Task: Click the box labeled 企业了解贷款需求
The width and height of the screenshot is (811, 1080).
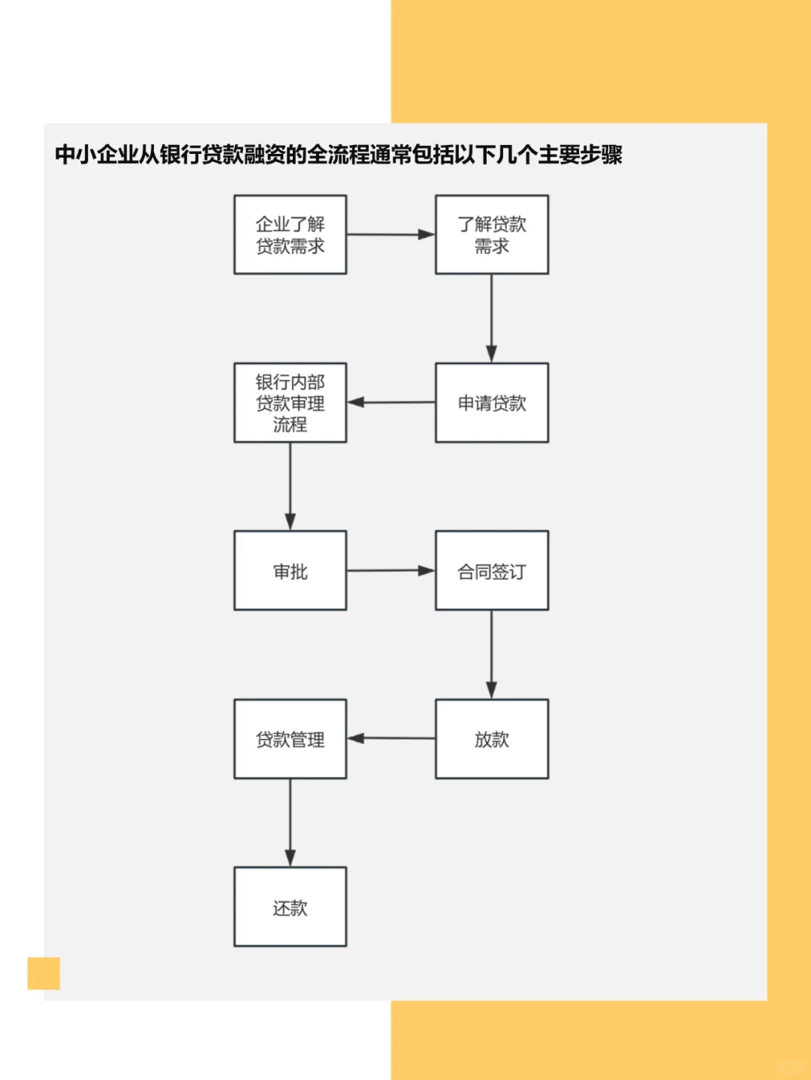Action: point(290,235)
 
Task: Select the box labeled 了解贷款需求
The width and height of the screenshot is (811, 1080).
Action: point(492,235)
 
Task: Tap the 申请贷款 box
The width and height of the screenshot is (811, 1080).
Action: point(492,403)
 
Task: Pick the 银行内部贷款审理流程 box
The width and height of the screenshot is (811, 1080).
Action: point(290,403)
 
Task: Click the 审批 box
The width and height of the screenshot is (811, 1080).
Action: point(290,571)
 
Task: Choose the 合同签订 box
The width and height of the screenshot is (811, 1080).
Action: point(492,571)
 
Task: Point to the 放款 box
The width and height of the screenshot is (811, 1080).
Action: point(492,739)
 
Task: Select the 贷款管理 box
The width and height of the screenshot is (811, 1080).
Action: point(290,739)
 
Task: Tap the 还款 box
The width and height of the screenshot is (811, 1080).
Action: point(290,907)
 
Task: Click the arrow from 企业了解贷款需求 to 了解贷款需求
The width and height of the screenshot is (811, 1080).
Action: point(390,234)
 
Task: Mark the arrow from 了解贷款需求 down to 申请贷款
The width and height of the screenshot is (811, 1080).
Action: point(492,318)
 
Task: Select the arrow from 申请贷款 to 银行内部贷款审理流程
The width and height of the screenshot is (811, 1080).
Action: point(390,402)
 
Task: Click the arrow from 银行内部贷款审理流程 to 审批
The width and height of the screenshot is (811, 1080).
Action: point(290,486)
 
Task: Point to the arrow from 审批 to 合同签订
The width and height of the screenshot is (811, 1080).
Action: point(390,570)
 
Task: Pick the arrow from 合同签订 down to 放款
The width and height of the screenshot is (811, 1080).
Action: point(492,654)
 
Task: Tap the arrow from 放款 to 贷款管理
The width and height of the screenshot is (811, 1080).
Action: point(390,739)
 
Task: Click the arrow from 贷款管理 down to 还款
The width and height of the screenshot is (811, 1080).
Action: point(290,823)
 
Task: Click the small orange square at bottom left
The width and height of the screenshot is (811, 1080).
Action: point(44,973)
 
